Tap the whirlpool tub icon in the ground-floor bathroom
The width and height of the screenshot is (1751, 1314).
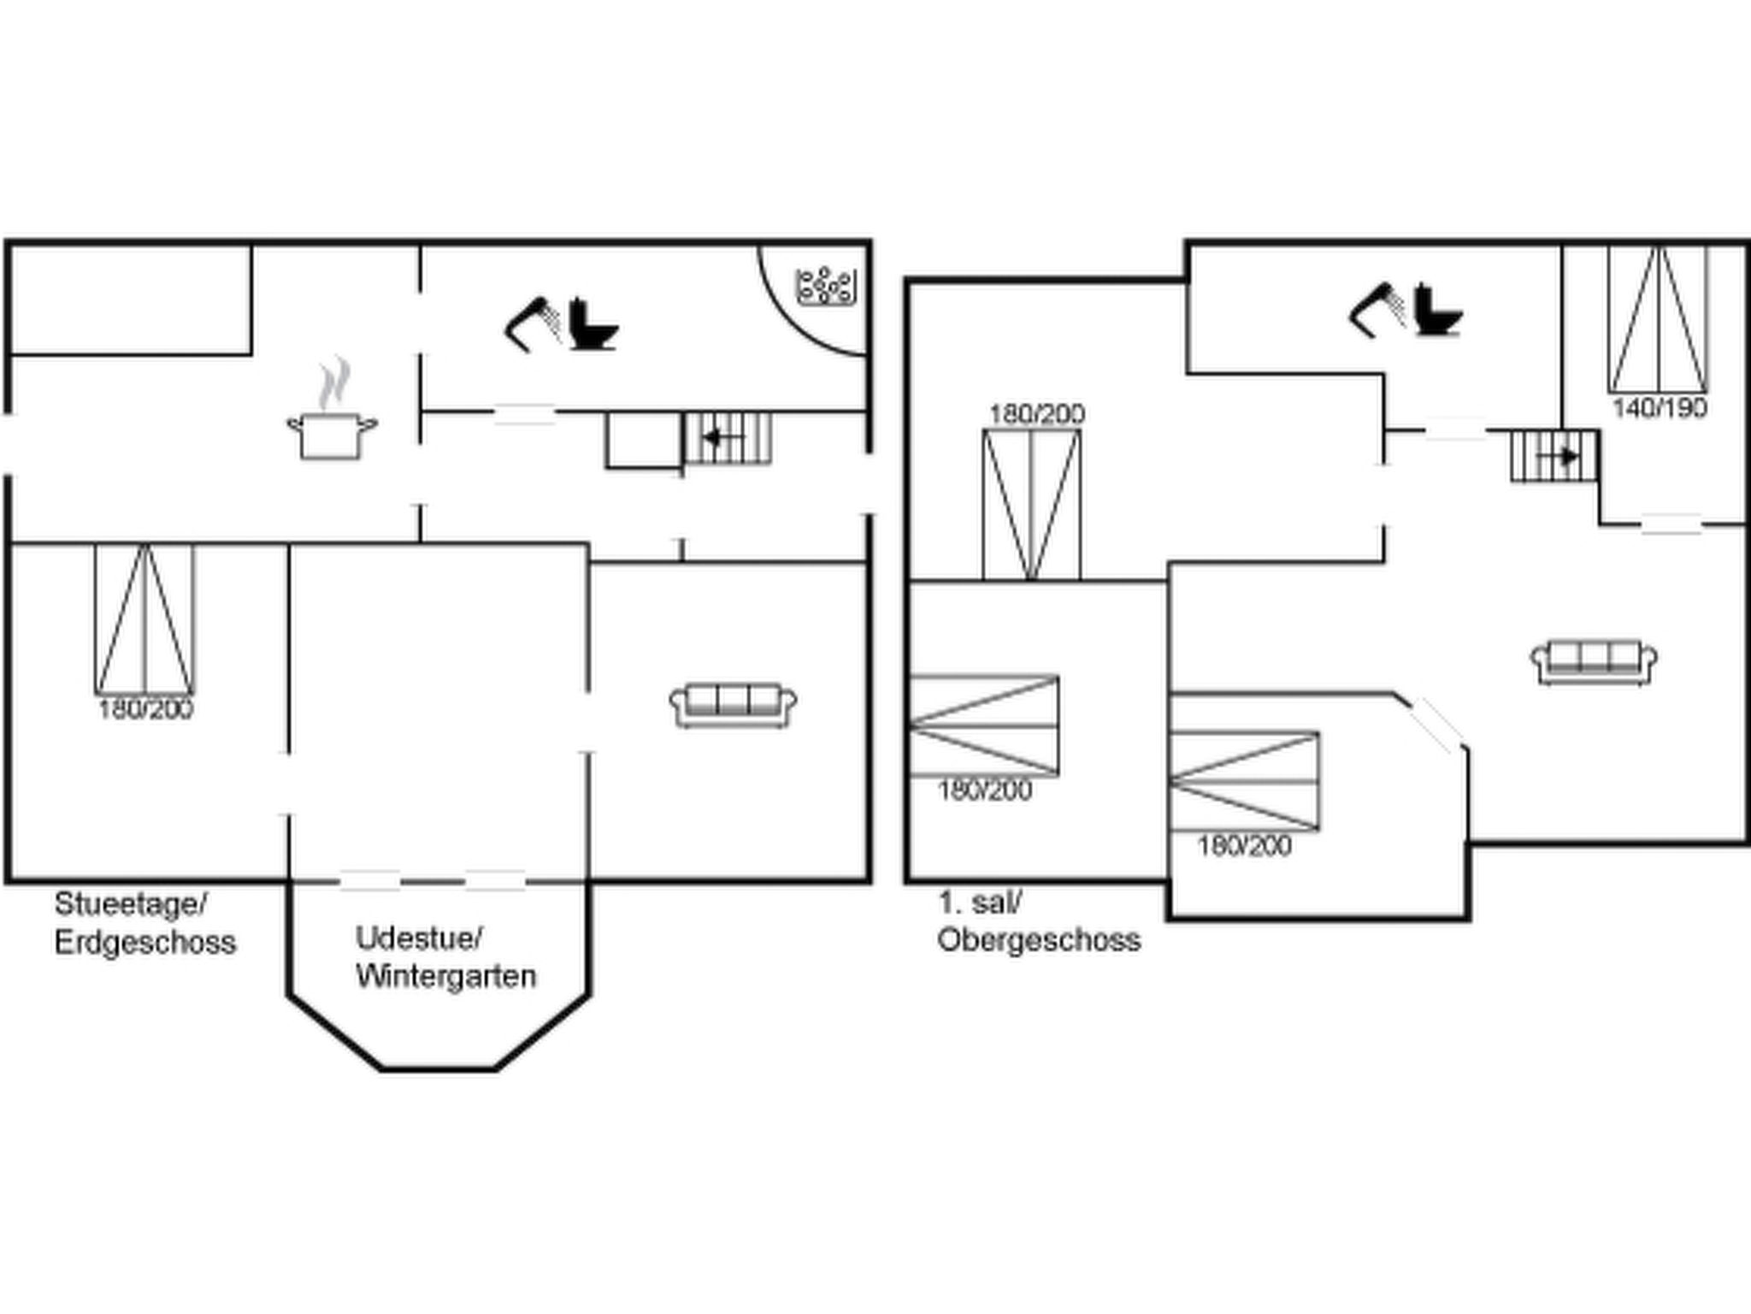826,287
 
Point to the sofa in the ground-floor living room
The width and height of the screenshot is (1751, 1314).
733,705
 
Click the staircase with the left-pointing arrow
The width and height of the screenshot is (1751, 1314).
728,438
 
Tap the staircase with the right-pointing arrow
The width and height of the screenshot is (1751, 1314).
1554,456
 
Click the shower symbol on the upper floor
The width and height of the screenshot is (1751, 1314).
1377,311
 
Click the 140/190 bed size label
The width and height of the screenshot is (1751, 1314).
1660,407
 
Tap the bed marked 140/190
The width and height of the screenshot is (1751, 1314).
1658,320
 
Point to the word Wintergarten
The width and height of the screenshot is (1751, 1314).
446,976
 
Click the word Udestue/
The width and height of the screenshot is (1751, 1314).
420,938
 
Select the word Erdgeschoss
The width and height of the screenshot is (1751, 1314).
145,942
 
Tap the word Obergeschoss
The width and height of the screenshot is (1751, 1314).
1039,939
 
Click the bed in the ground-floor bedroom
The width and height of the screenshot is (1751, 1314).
144,619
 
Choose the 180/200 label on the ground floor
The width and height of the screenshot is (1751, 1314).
145,708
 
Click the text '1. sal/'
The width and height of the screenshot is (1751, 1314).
980,902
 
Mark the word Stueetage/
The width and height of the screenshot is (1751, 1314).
131,903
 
